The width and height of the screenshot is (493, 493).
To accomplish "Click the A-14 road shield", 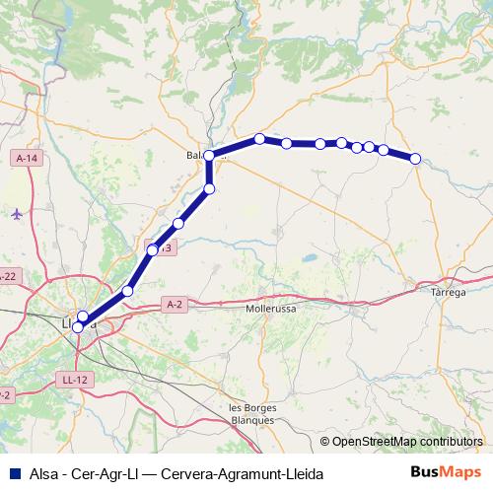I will tap(27, 158).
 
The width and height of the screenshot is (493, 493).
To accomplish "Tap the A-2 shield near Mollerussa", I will tap(176, 305).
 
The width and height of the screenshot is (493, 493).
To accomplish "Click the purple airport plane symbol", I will tap(17, 213).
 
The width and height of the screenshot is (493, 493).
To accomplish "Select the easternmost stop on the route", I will tap(415, 158).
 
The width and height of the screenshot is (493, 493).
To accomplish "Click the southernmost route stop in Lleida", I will tap(78, 326).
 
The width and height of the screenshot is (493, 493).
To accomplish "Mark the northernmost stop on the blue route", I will tap(259, 139).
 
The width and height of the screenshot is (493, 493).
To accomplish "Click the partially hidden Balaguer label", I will tap(200, 156).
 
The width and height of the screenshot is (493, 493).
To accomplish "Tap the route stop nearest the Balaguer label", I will tap(209, 156).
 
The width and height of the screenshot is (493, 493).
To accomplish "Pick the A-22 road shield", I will tap(8, 276).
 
